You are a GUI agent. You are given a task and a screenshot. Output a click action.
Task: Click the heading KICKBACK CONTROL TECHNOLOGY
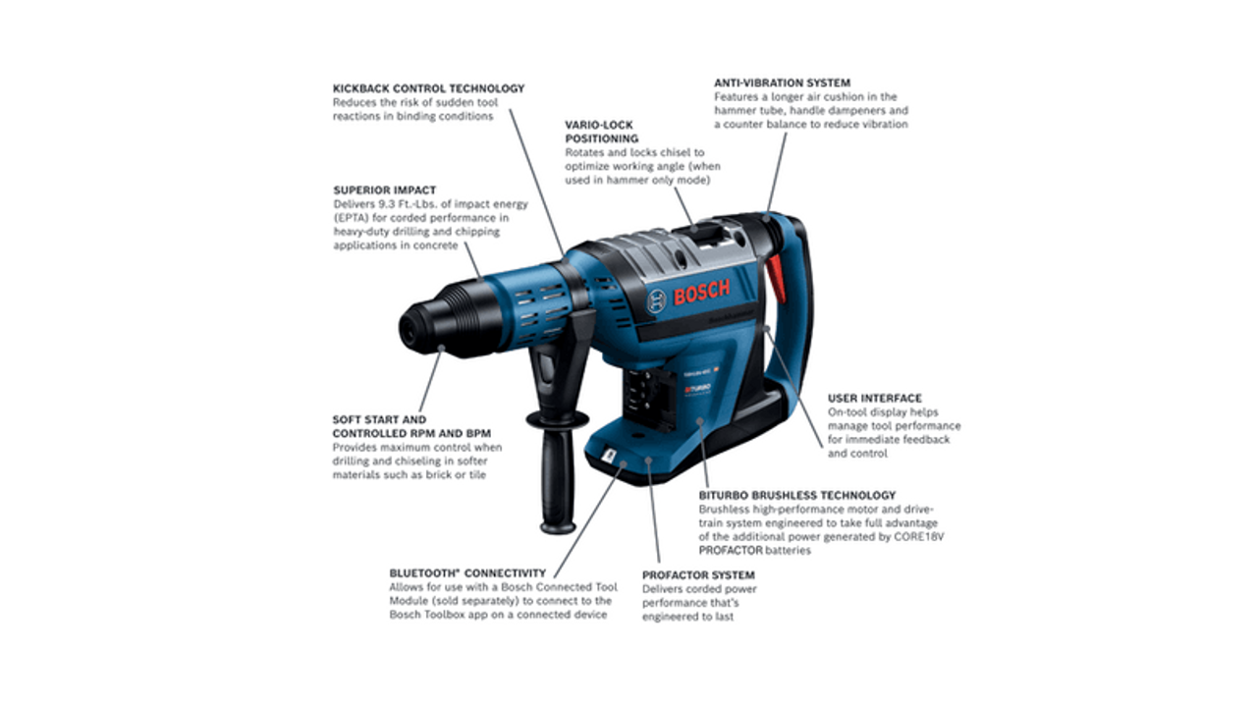click(428, 88)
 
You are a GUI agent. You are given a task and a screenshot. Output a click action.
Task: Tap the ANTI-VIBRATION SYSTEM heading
click(782, 83)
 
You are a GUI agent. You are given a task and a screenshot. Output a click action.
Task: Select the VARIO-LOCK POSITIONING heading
click(600, 132)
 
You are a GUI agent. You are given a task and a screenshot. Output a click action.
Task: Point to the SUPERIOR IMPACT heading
click(384, 190)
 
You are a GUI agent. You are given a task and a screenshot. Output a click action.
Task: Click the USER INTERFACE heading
click(874, 399)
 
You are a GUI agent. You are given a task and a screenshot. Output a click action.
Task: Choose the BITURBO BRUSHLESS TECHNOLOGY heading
click(796, 496)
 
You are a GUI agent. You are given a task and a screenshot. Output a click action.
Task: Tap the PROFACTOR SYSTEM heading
click(698, 575)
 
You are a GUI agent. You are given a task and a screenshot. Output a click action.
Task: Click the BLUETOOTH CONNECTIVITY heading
click(466, 573)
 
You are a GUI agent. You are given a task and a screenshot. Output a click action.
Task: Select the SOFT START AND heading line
click(379, 419)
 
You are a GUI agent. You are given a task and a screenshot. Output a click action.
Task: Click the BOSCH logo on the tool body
click(701, 292)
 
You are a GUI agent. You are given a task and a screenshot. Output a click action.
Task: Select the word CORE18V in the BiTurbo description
click(915, 537)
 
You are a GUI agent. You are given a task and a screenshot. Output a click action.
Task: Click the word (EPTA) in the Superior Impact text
click(352, 218)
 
